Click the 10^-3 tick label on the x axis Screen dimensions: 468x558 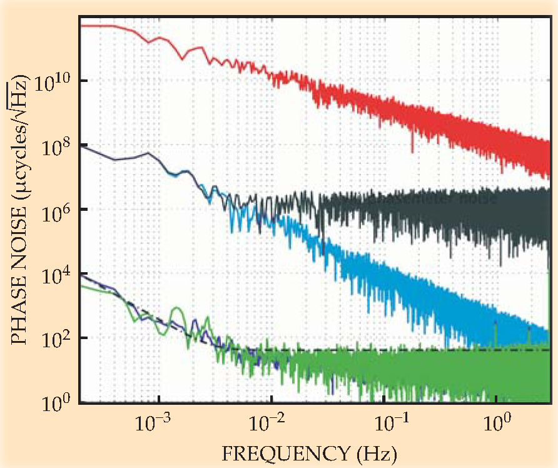tap(154, 424)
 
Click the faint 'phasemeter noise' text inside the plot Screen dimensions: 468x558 tap(425, 200)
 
